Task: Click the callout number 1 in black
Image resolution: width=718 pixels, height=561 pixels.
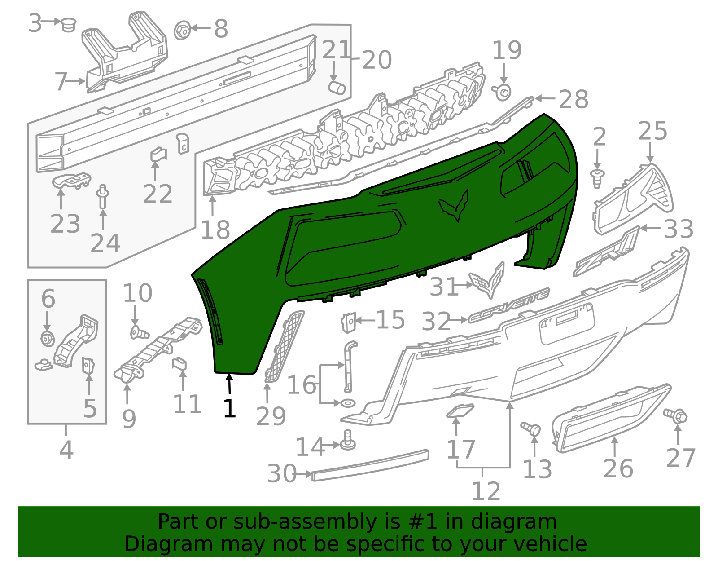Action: pos(229,408)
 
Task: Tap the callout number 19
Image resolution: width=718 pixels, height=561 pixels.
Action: pos(507,50)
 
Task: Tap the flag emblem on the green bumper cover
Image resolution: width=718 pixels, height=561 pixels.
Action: pos(455,206)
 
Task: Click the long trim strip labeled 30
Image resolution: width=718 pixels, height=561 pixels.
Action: pos(370,465)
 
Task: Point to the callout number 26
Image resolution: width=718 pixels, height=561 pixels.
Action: pos(618,468)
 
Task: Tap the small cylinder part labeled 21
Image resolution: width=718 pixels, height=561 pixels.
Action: pos(337,87)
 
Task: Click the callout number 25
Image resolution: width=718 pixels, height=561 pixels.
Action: pos(652,131)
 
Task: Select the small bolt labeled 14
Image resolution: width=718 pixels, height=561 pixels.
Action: pos(348,441)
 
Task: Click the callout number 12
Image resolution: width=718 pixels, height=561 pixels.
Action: pos(486,491)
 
